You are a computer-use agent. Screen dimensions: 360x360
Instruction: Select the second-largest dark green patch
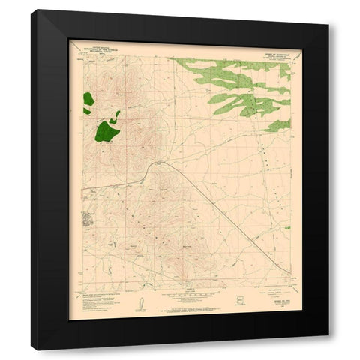point(88,98)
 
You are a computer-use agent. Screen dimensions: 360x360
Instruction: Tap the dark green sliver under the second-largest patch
point(87,112)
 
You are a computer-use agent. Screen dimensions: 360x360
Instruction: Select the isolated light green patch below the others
point(277,124)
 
